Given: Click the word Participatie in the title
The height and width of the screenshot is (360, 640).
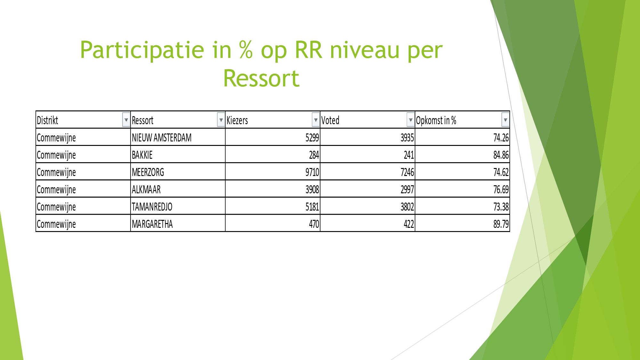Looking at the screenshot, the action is (142, 50).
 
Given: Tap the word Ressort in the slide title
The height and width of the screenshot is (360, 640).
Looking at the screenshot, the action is (261, 78).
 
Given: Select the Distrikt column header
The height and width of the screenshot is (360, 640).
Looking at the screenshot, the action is (47, 120).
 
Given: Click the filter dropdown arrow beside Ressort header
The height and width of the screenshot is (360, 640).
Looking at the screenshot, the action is (221, 120).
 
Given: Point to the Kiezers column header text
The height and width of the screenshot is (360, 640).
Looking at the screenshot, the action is (237, 120).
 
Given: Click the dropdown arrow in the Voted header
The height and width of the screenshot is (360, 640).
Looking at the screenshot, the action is (410, 120).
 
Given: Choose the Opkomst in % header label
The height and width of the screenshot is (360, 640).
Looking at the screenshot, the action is (436, 120).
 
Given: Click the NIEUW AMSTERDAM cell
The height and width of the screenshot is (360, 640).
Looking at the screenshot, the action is (162, 138).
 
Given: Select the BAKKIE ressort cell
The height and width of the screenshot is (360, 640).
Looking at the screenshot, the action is (142, 155).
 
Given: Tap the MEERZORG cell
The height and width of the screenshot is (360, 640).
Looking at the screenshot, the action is (148, 172).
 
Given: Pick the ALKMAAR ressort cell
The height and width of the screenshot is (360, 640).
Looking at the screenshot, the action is (146, 189).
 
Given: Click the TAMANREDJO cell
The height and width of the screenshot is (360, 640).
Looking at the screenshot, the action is (152, 207).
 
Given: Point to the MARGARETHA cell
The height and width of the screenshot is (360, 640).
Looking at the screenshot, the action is (152, 224).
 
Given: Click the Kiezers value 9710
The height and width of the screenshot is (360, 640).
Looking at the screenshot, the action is (312, 172).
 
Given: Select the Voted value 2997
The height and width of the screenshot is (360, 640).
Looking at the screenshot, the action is (407, 189).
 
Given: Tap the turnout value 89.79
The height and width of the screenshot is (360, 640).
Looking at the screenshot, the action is (501, 224).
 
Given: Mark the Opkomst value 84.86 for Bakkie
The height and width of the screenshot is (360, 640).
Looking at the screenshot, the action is (501, 155).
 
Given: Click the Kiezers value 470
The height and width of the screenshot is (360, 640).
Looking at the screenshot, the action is (314, 224).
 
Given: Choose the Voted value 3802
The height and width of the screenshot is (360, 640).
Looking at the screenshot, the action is (407, 207).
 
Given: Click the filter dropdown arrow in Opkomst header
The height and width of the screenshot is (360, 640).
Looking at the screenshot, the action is (505, 120).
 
